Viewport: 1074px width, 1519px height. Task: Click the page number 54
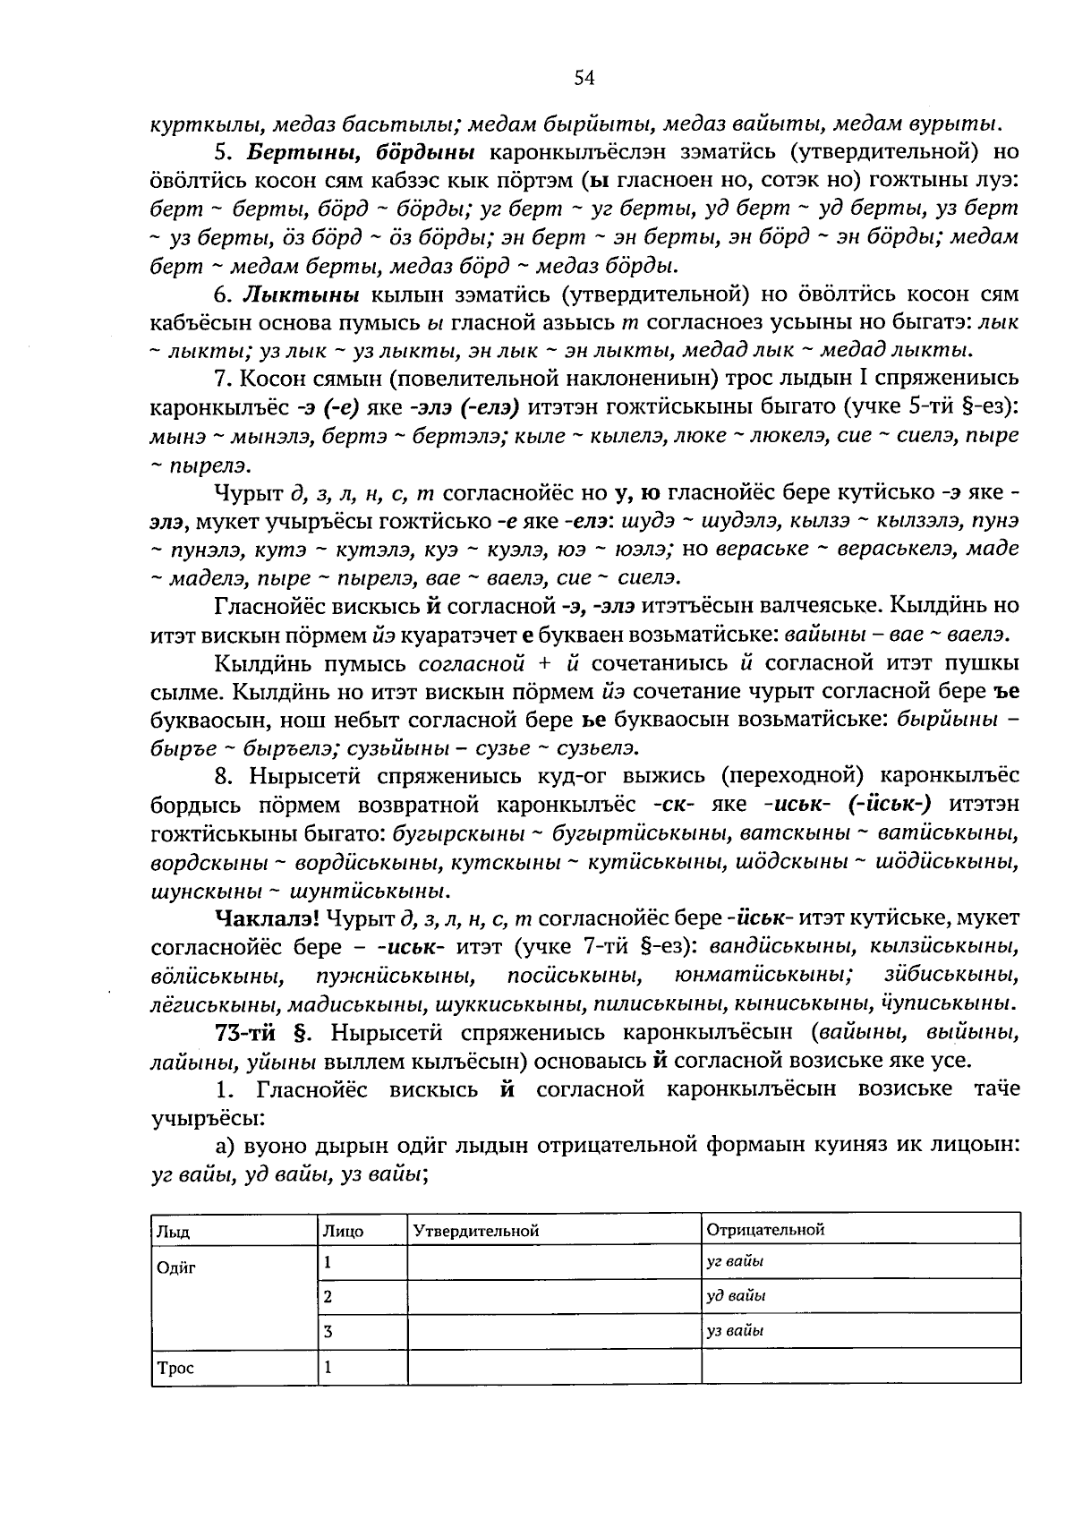[584, 78]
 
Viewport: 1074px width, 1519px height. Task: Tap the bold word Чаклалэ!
[268, 917]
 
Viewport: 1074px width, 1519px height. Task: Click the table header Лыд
[173, 1231]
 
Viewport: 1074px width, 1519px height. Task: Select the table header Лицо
[345, 1231]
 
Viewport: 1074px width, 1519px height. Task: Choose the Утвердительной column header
[476, 1231]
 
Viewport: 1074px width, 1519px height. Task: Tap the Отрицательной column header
[765, 1229]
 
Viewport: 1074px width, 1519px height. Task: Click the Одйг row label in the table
[176, 1268]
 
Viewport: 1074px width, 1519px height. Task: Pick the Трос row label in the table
[175, 1368]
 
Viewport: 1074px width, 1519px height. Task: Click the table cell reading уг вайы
[735, 1261]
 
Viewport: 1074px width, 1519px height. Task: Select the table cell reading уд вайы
[736, 1295]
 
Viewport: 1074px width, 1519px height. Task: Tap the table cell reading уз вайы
[735, 1330]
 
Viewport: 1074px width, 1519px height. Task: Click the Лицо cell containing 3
[328, 1331]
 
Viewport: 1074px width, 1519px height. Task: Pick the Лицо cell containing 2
[328, 1296]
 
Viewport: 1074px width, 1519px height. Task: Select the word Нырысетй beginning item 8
[303, 776]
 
